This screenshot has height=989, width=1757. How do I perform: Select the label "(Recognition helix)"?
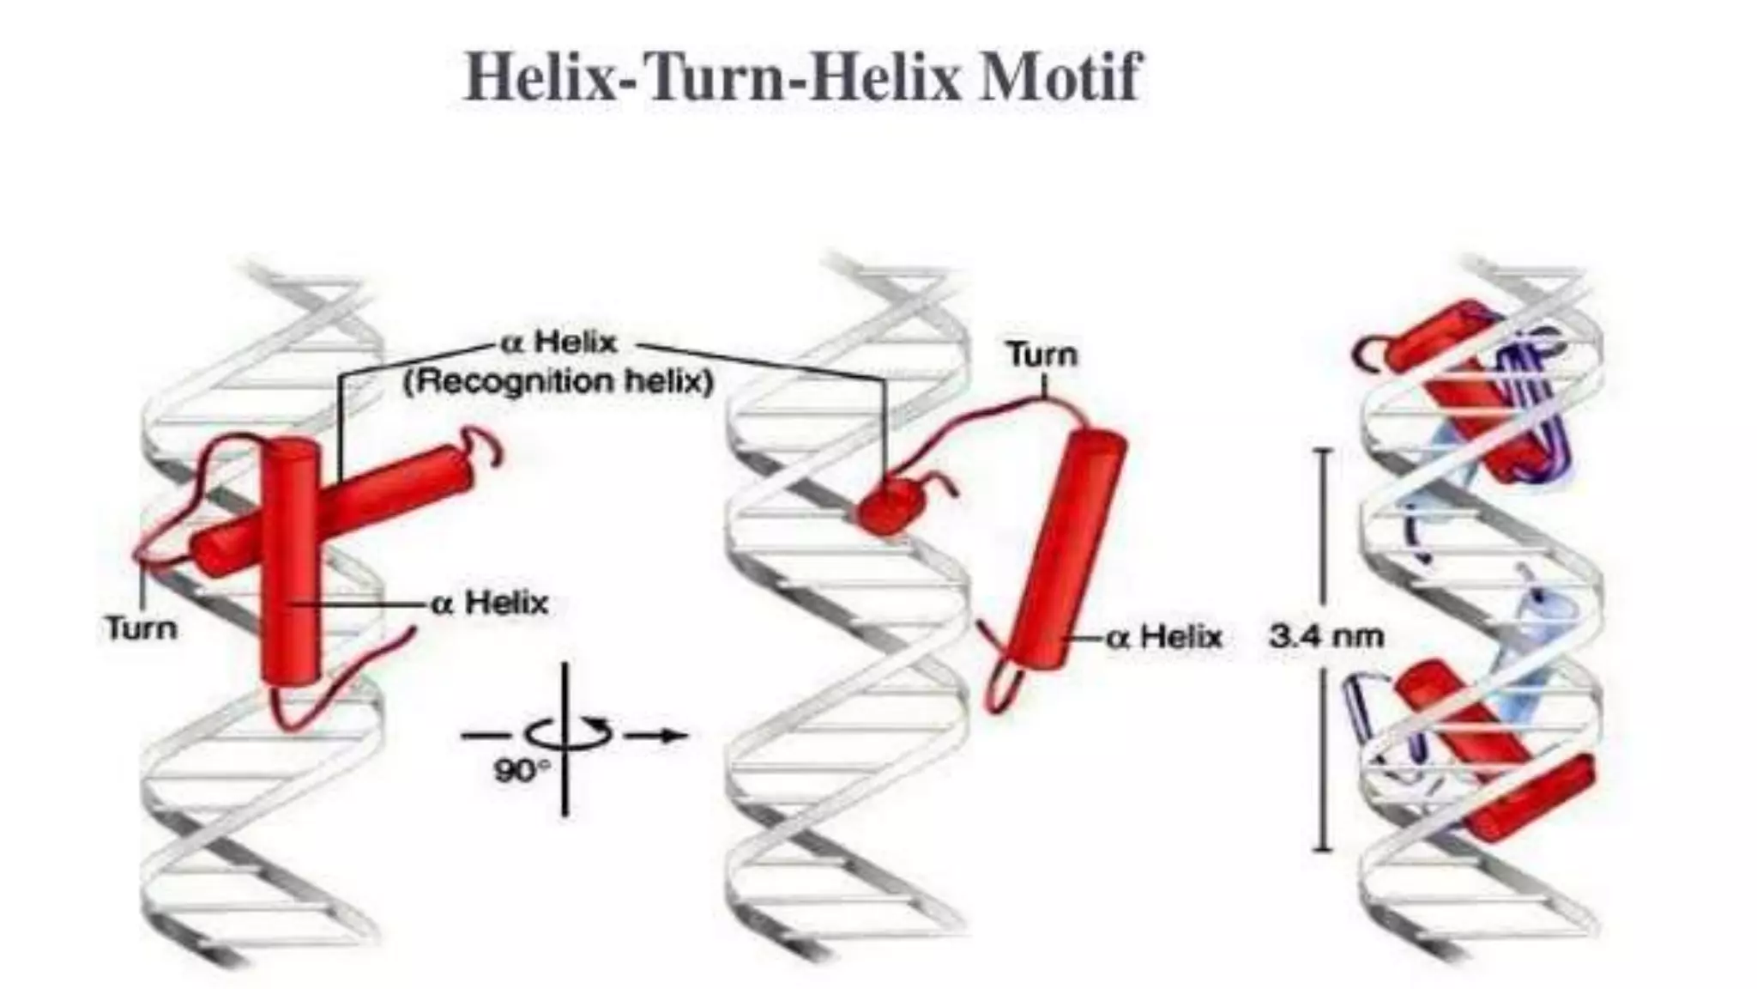(558, 382)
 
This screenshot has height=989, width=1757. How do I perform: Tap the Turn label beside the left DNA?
(142, 628)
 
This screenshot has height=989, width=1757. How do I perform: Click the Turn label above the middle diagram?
(1042, 355)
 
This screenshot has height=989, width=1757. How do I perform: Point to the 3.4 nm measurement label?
(1326, 637)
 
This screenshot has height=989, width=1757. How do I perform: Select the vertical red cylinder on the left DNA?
(293, 584)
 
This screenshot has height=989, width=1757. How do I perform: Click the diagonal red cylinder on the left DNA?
(386, 498)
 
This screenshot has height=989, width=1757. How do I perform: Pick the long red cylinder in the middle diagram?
(1064, 549)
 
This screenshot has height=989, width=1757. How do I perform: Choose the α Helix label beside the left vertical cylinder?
(490, 603)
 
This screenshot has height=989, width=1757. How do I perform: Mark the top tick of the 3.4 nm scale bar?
(1323, 450)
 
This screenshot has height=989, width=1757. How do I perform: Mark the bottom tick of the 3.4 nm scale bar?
(1323, 849)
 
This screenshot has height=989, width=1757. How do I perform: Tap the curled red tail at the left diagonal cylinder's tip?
(485, 446)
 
